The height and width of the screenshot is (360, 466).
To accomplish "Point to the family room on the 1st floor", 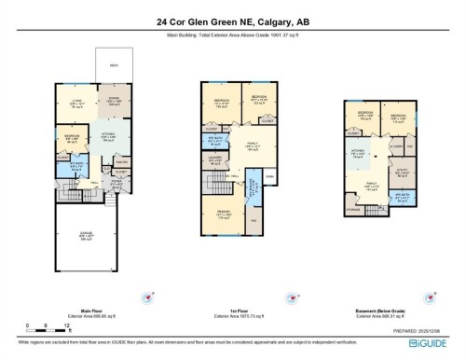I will (x=252, y=145).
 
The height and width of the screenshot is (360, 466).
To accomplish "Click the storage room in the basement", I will (x=351, y=211).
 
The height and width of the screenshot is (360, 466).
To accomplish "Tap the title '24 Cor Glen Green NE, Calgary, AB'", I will (x=232, y=25).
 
